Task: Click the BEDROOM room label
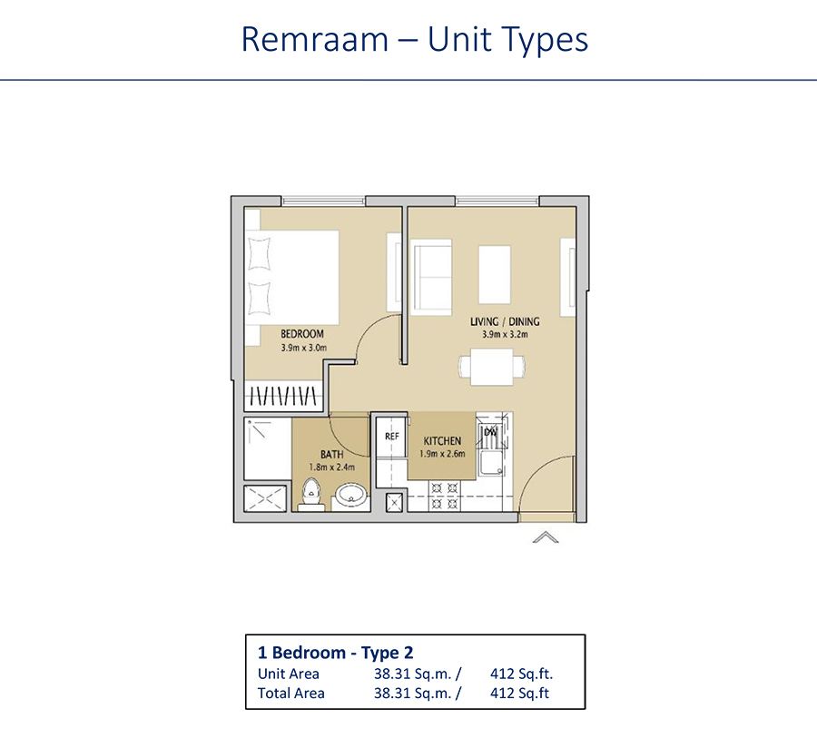tap(302, 334)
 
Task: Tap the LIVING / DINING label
tap(505, 321)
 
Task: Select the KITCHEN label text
tap(441, 441)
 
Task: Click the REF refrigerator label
tap(392, 437)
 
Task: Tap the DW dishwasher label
tap(490, 432)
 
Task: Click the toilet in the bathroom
tap(311, 493)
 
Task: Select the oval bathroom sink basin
tap(350, 496)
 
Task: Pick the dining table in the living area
tap(491, 368)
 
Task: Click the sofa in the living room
tap(431, 277)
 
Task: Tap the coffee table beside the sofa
tap(494, 274)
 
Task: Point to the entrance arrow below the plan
tap(545, 537)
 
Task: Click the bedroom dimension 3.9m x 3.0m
tap(302, 347)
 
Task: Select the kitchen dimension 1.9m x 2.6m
tap(442, 454)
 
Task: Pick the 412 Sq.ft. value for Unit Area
tap(521, 674)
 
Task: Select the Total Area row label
tap(291, 693)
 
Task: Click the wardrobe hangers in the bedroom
tap(283, 396)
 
